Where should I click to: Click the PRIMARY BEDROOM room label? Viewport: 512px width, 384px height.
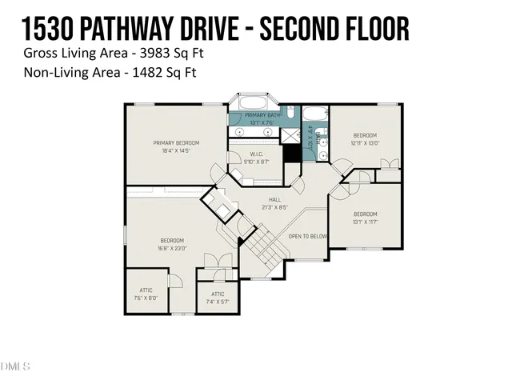coord(176,143)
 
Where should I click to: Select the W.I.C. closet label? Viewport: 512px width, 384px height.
coord(257,155)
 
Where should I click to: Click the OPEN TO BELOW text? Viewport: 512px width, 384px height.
coord(308,236)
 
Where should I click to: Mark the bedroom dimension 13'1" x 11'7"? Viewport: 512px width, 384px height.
coord(365,222)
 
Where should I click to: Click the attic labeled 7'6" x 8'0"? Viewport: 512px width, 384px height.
coord(146,298)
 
